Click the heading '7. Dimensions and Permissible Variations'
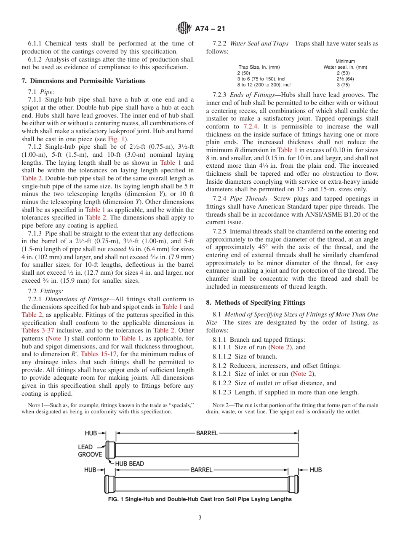click(83, 81)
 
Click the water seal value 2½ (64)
click(345, 79)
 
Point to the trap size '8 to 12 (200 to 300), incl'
click(264, 85)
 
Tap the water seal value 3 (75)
click(345, 85)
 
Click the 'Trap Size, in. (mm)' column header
click(259, 67)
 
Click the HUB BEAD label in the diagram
click(129, 464)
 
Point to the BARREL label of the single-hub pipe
click(207, 433)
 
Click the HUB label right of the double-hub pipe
click(316, 470)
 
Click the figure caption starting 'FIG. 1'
click(200, 499)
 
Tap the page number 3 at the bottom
click(200, 518)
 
